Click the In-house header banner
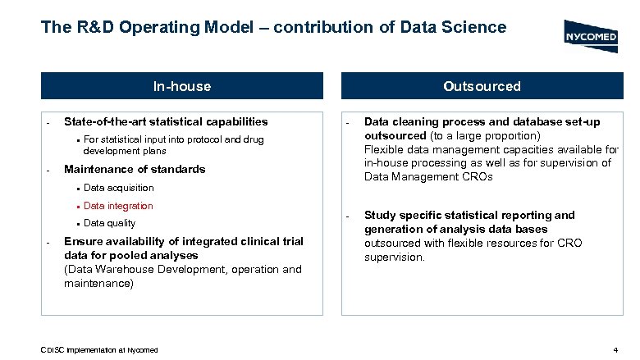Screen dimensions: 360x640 [x=182, y=86]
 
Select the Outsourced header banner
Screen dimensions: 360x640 [x=482, y=86]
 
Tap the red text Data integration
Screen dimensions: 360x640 [x=118, y=206]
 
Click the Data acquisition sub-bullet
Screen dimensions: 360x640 [x=118, y=188]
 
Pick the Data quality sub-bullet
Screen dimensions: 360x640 [x=109, y=223]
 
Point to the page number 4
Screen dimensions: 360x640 [x=615, y=351]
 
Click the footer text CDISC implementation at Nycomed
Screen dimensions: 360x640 [x=99, y=351]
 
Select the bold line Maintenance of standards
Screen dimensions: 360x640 [x=134, y=169]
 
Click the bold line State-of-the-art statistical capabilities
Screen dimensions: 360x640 [x=165, y=121]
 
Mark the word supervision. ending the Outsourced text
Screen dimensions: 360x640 [x=395, y=257]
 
